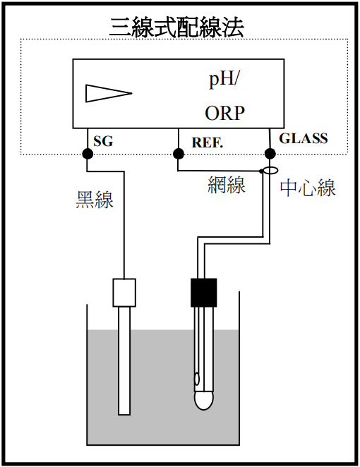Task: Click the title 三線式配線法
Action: tap(176, 28)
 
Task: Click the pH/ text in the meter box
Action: tap(224, 80)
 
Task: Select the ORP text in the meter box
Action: tap(224, 113)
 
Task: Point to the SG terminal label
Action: tap(103, 141)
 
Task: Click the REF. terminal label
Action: tap(207, 142)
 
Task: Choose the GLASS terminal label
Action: tap(304, 138)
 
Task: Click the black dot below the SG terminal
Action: tap(88, 154)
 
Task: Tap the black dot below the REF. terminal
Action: tap(178, 154)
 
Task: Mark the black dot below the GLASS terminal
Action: tap(270, 154)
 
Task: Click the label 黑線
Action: tap(95, 199)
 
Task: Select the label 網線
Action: tap(227, 185)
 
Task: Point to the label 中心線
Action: tap(308, 188)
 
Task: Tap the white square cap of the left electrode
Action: tap(124, 293)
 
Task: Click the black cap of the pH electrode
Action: tap(204, 293)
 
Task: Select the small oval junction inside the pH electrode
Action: tap(197, 379)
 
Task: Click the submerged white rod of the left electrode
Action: tap(124, 360)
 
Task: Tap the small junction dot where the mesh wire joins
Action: tap(260, 171)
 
